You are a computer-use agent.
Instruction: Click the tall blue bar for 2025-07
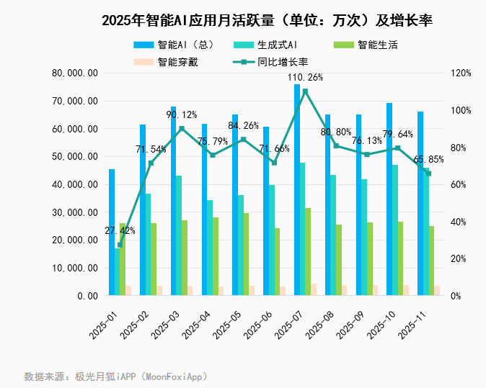coord(297,190)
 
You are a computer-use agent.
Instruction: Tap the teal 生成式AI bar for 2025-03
coord(179,235)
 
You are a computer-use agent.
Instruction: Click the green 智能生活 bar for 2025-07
coord(309,251)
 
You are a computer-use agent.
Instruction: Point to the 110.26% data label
coord(306,77)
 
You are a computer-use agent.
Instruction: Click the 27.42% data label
coord(120,230)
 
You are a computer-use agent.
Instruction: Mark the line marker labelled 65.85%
coord(428,173)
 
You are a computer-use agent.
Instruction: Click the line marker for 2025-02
coord(151,163)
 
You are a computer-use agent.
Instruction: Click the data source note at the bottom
coord(115,376)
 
